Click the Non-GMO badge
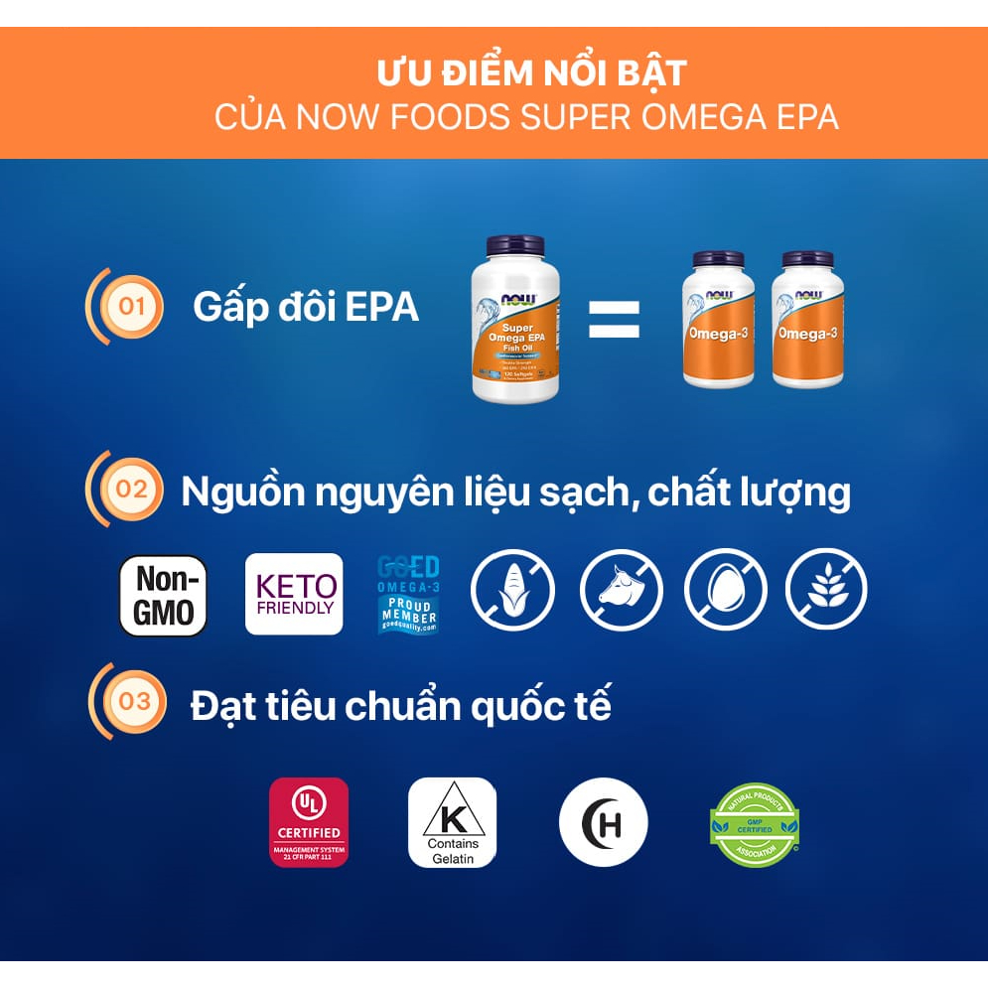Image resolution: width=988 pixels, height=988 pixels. (163, 595)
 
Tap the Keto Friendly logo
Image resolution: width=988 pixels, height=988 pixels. (294, 594)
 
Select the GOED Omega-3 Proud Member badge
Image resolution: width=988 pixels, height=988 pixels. (408, 595)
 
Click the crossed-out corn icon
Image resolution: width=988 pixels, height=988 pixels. (510, 590)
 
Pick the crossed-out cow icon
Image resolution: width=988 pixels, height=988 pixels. (621, 590)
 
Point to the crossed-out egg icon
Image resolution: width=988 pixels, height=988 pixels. (726, 590)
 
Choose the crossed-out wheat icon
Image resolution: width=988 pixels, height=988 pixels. (826, 590)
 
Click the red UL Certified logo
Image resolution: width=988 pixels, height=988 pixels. (309, 822)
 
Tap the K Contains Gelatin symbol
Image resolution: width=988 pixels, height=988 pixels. (452, 822)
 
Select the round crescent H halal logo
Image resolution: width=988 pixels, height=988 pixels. (603, 822)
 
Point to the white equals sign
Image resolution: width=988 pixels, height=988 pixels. (614, 320)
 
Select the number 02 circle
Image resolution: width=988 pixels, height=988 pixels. (132, 490)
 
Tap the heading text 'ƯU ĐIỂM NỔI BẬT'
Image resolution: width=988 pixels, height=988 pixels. (531, 74)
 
